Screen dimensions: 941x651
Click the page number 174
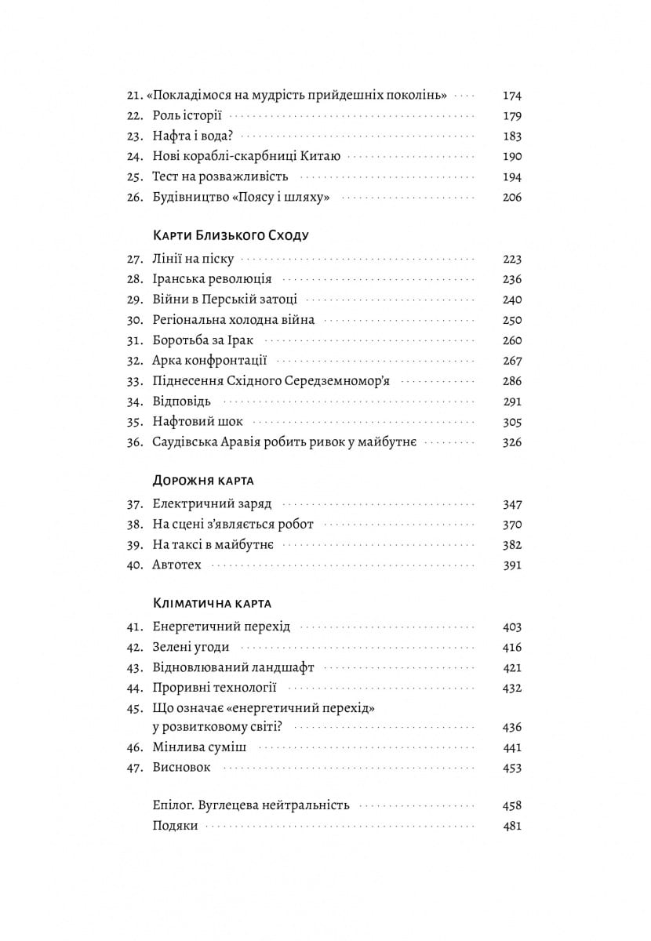pyautogui.click(x=511, y=96)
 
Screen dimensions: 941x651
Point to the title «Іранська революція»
pyautogui.click(x=212, y=279)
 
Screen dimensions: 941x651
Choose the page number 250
pyautogui.click(x=511, y=320)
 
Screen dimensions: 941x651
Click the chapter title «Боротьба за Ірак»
pyautogui.click(x=204, y=340)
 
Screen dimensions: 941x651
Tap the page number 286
pyautogui.click(x=511, y=381)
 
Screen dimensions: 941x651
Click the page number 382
pyautogui.click(x=511, y=545)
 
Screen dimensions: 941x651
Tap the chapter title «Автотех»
pyautogui.click(x=177, y=565)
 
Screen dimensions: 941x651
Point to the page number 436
pyautogui.click(x=511, y=727)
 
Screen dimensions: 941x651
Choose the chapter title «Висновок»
pyautogui.click(x=182, y=768)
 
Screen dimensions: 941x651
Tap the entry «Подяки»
pyautogui.click(x=176, y=826)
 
